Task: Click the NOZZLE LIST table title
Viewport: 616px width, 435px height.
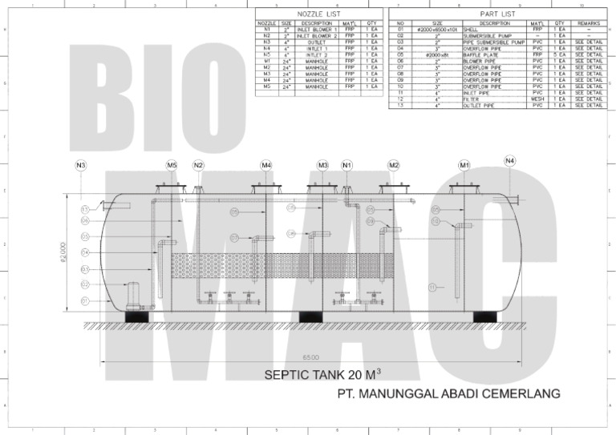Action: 318,14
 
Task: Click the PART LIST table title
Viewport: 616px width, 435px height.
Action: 497,14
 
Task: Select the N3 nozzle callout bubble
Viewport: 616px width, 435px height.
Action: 80,166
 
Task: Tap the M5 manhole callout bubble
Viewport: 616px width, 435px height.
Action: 172,166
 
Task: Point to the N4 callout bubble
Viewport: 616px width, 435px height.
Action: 510,162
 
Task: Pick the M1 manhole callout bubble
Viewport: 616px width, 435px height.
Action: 464,166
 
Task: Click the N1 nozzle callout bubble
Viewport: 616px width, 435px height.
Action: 347,166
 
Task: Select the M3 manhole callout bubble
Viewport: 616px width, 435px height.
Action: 322,166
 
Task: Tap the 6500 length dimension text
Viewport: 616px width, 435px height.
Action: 310,356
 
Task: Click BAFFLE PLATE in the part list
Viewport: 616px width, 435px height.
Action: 480,54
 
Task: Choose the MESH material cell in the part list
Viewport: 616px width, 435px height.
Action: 537,99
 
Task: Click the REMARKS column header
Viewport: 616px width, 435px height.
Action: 588,24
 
